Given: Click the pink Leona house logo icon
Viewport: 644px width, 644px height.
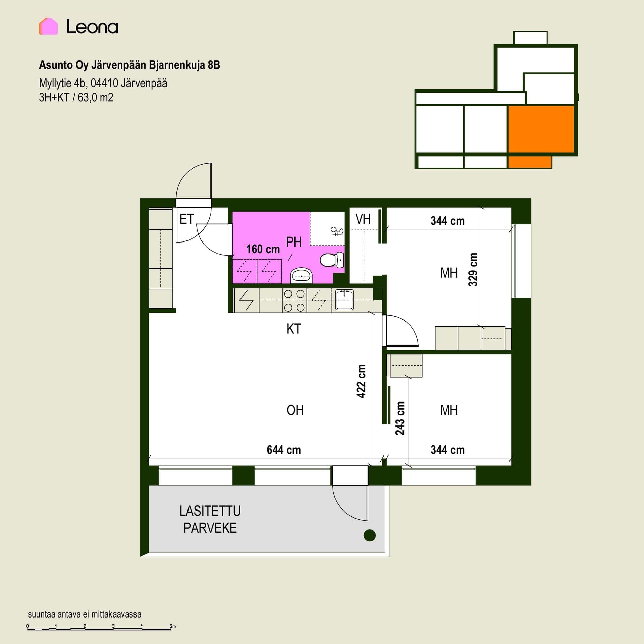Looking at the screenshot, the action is (48, 26).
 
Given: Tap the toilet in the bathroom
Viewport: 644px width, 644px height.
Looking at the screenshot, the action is (332, 260).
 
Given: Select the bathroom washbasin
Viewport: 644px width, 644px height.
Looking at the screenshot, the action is (301, 275).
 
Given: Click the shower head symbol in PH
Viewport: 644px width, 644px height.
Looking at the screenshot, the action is (337, 231).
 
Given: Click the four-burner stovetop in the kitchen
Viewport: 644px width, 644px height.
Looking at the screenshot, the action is (294, 301).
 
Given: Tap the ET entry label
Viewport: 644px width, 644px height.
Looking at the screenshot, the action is (187, 219).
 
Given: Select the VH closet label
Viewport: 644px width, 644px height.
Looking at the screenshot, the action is (363, 219).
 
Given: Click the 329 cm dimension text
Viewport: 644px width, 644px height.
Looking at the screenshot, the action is (473, 270).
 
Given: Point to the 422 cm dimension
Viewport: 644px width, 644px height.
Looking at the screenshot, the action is (361, 381).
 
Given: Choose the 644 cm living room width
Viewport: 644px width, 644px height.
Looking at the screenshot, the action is (284, 450).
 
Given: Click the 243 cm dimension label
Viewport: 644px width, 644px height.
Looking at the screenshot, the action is (400, 418).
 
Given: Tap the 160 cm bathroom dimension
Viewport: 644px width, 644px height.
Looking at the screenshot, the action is (263, 249).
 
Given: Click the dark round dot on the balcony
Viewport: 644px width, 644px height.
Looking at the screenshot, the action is (370, 535).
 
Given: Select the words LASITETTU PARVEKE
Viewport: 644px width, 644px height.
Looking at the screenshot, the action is (210, 520).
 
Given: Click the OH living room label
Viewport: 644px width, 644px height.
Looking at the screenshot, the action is (295, 410).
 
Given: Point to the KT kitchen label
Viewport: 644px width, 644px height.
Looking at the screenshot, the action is (294, 329).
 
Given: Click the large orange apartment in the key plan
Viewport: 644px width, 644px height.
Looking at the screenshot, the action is (541, 129).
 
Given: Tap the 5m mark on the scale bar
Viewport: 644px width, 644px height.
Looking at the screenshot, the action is (173, 626).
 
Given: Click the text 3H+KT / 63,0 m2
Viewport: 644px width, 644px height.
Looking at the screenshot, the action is (76, 98).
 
